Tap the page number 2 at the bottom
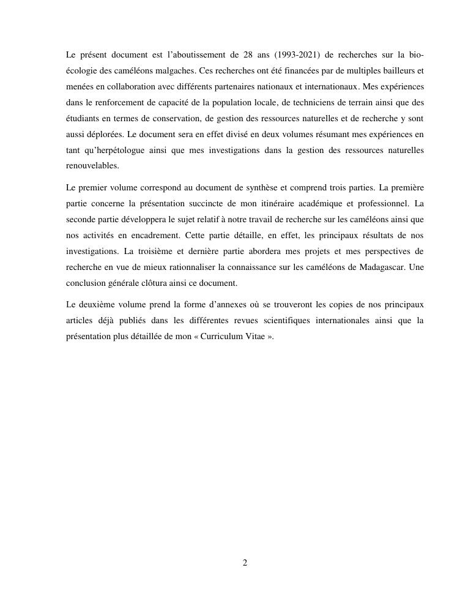pyautogui.click(x=245, y=563)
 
